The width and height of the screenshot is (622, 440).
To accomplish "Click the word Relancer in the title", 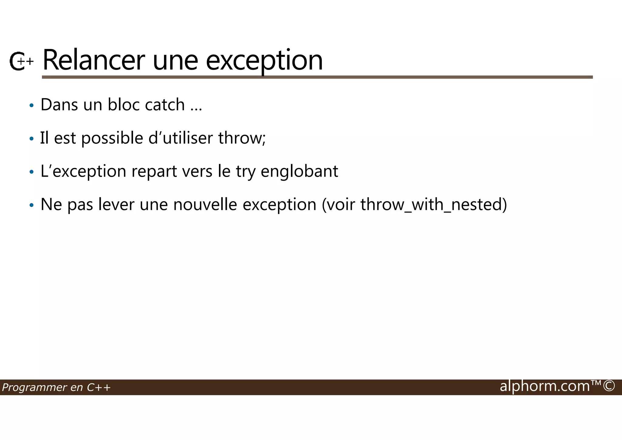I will click(x=94, y=60).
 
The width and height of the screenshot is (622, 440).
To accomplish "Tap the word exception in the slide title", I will click(x=264, y=61).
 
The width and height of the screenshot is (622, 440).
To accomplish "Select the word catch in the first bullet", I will click(x=165, y=105).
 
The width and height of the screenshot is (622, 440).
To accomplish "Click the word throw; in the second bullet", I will click(x=242, y=138).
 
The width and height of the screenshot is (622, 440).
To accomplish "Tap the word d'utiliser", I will click(x=180, y=138).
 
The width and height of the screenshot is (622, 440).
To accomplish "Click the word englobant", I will click(x=299, y=171).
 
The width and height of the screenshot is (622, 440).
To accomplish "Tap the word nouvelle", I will click(x=205, y=205).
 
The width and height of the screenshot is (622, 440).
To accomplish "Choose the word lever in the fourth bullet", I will click(x=116, y=205).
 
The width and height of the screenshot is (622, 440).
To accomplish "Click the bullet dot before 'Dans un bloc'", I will click(x=31, y=106).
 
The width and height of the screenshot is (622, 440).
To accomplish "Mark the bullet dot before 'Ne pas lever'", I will click(x=31, y=206).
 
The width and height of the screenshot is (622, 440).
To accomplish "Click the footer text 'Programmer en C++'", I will click(x=56, y=387).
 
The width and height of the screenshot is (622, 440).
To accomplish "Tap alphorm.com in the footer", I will click(x=545, y=386).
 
